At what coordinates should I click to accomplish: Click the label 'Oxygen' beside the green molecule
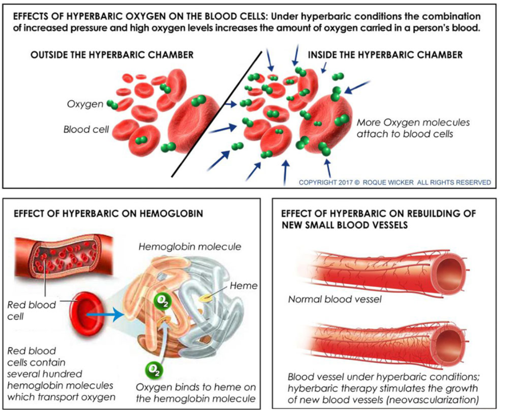click(85, 104)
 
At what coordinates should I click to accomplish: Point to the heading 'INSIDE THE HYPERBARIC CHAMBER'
click(385, 55)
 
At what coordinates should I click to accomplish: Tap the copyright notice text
click(395, 182)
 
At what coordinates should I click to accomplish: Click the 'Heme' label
click(243, 285)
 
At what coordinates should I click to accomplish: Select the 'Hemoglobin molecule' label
click(190, 247)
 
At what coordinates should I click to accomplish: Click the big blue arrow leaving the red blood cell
click(106, 316)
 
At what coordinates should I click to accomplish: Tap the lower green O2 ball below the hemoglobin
click(153, 369)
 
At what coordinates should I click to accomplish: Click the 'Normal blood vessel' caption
click(334, 299)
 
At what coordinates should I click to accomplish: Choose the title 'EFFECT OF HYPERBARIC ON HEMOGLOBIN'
click(109, 213)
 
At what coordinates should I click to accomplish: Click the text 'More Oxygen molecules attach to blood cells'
click(413, 128)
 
